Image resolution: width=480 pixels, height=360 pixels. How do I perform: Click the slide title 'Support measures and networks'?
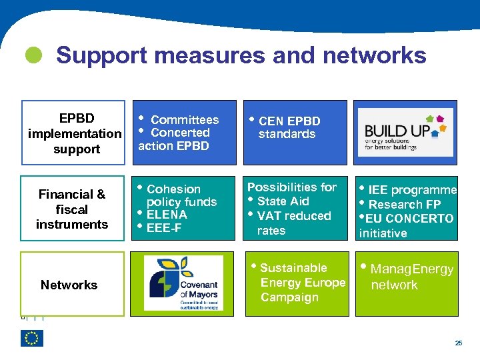241,55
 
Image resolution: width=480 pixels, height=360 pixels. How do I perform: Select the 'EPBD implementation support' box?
73,133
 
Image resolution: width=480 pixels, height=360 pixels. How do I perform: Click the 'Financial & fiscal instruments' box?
72,209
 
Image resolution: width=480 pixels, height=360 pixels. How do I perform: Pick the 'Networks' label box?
69,285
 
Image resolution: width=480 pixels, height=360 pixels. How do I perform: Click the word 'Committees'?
185,120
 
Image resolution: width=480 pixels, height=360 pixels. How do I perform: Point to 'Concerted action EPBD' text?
175,139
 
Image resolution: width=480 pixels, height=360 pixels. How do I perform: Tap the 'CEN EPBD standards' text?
288,127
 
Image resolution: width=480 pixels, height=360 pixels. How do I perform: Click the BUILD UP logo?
405,132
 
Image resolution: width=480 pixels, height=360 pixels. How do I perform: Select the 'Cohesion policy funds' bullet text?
181,195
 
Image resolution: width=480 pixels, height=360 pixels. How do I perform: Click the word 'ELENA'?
167,215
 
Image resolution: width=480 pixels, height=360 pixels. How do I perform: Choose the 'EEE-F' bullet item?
164,228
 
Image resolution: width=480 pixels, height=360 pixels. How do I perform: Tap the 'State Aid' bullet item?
283,201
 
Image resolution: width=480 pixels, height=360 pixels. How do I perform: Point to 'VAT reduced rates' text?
292,223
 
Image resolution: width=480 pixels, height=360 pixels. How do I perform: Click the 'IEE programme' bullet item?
411,190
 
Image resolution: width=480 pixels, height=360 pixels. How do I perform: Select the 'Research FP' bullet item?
404,204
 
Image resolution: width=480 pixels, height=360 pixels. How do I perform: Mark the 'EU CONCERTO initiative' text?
406,225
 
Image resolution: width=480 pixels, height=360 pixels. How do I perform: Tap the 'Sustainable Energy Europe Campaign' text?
299,283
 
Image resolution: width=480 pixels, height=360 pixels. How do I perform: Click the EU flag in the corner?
32,339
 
